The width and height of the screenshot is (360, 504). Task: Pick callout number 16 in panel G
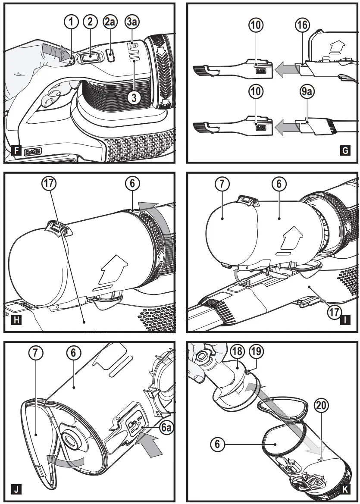click(x=303, y=25)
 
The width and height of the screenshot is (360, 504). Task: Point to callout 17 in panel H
click(x=50, y=184)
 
